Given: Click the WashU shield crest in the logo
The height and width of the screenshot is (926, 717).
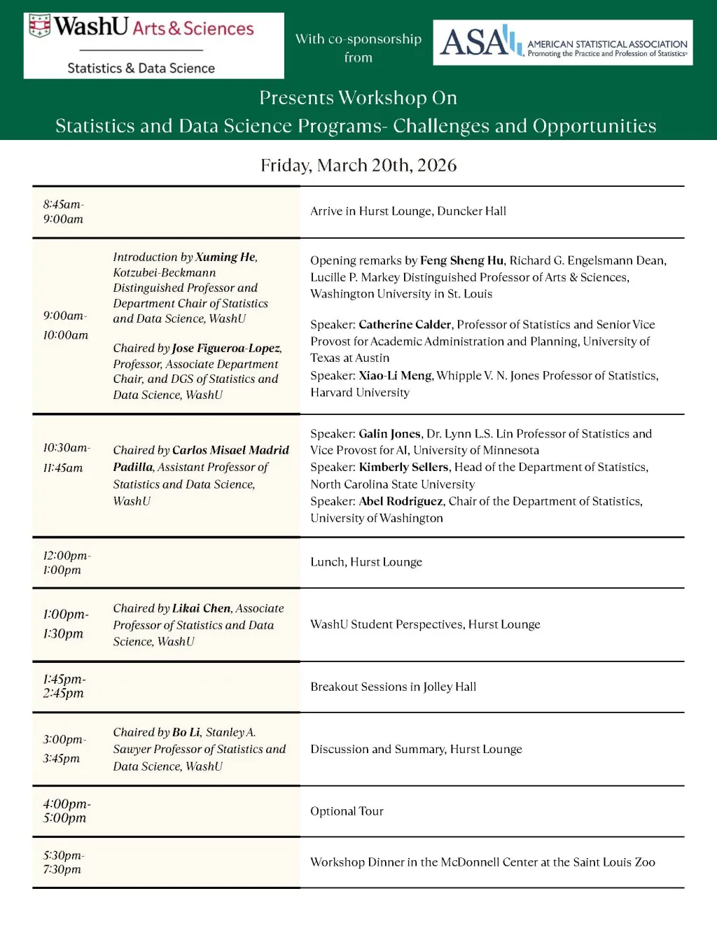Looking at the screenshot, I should pyautogui.click(x=40, y=26).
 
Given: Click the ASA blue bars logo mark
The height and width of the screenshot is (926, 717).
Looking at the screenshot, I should pyautogui.click(x=513, y=41).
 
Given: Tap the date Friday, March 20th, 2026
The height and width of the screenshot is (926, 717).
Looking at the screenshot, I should pyautogui.click(x=358, y=165).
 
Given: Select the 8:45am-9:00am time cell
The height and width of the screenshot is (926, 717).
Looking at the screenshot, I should pyautogui.click(x=63, y=211).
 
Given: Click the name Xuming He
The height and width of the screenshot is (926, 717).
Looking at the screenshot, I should pyautogui.click(x=225, y=257).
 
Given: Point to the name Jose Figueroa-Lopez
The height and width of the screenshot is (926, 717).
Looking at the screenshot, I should pyautogui.click(x=226, y=348).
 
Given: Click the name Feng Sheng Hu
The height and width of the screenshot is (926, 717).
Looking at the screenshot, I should pyautogui.click(x=461, y=260).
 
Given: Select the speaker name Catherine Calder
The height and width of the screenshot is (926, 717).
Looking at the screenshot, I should pyautogui.click(x=405, y=324).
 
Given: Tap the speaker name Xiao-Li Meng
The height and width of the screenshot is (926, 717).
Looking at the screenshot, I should pyautogui.click(x=395, y=375).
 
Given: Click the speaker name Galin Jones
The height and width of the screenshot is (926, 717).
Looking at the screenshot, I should pyautogui.click(x=389, y=433).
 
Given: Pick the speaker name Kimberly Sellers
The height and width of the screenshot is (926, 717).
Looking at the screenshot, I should pyautogui.click(x=403, y=467).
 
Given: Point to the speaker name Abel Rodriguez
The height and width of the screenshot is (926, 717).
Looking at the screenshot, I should pyautogui.click(x=401, y=501).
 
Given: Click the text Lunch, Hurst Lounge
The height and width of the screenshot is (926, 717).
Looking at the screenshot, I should pyautogui.click(x=366, y=562).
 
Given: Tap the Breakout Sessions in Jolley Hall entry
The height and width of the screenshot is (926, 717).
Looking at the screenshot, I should pyautogui.click(x=393, y=687).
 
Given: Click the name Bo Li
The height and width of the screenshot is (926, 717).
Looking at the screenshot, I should pyautogui.click(x=186, y=732).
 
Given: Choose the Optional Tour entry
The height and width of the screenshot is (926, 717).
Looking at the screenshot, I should pyautogui.click(x=347, y=811).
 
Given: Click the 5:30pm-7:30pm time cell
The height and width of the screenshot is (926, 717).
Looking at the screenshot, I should pyautogui.click(x=63, y=862).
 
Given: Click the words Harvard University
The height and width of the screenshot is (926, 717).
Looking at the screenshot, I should pyautogui.click(x=360, y=392).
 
